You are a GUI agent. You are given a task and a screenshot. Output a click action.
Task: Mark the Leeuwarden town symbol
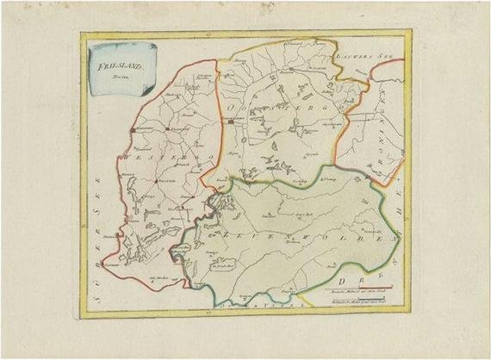point(230,123)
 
